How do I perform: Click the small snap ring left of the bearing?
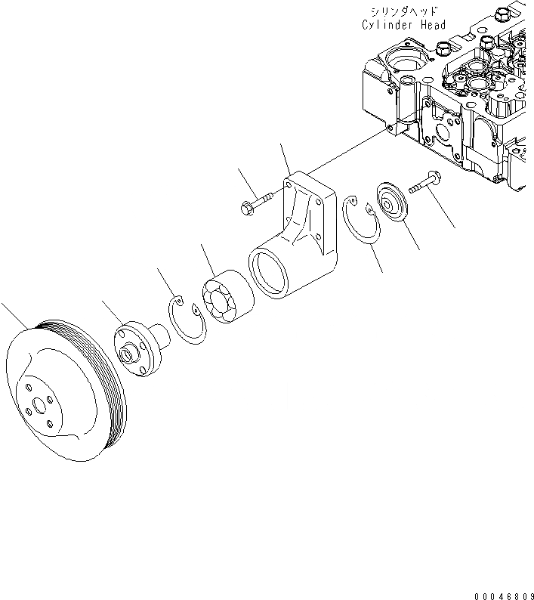184,321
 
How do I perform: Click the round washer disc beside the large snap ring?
394,200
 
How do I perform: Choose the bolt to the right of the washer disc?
428,184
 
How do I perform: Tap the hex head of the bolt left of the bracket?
245,206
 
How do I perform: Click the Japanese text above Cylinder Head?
404,11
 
